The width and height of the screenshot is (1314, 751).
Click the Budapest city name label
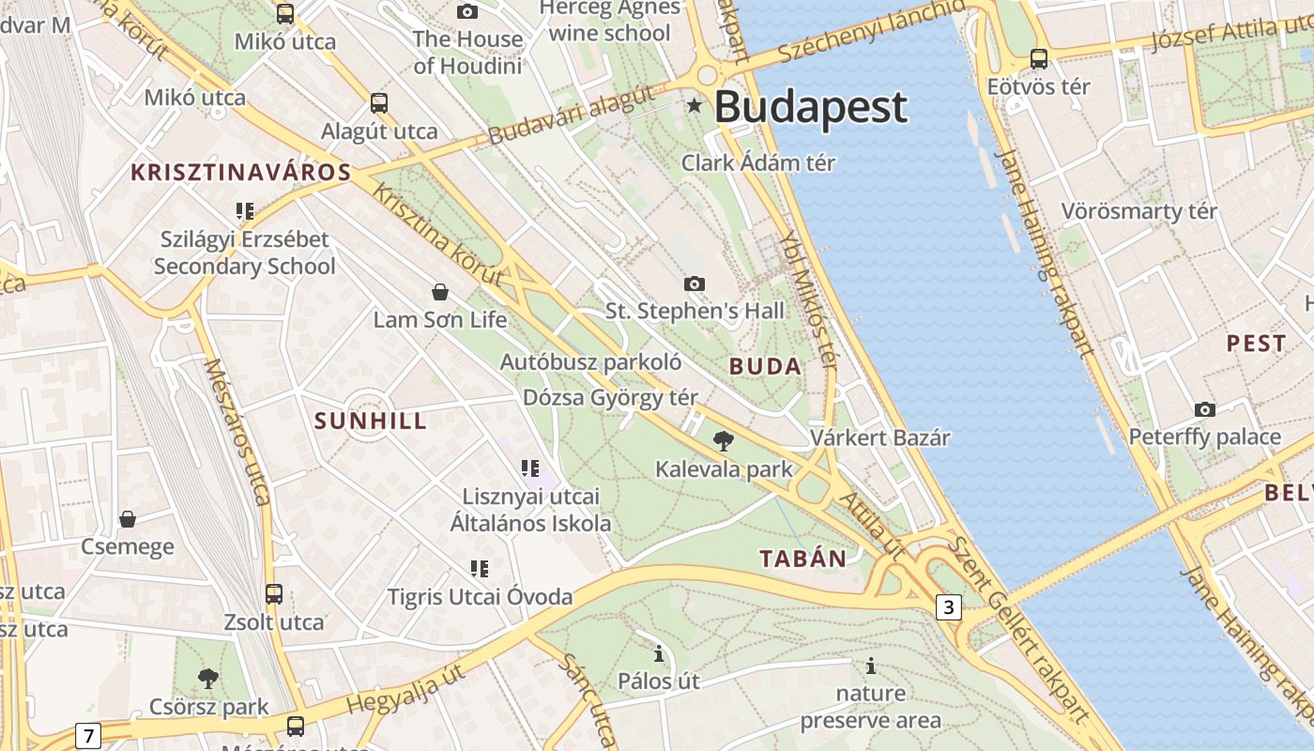[811, 107]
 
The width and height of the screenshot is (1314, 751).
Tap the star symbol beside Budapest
[695, 106]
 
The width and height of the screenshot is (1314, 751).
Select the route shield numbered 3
[949, 607]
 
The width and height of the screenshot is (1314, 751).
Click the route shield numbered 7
[87, 735]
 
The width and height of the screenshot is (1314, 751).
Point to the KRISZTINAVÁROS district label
[241, 173]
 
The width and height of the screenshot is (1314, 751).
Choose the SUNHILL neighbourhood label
[371, 421]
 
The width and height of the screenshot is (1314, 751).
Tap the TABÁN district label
[802, 559]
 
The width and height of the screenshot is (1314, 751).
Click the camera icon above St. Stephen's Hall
[695, 284]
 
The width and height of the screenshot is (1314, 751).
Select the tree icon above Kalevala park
[723, 440]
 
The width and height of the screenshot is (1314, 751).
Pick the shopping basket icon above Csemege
[128, 519]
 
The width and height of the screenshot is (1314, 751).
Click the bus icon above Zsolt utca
[274, 593]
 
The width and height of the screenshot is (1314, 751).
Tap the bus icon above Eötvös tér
[1039, 58]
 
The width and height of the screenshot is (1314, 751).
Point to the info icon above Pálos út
[659, 653]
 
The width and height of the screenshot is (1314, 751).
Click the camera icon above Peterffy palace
[1205, 409]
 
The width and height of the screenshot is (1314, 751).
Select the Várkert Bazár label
[880, 437]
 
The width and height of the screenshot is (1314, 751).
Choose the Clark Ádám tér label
[758, 162]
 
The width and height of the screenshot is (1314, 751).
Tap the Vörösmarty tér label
[1138, 211]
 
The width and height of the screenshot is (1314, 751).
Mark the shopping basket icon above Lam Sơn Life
[439, 292]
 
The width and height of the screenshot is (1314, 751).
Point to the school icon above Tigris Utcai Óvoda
[480, 568]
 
